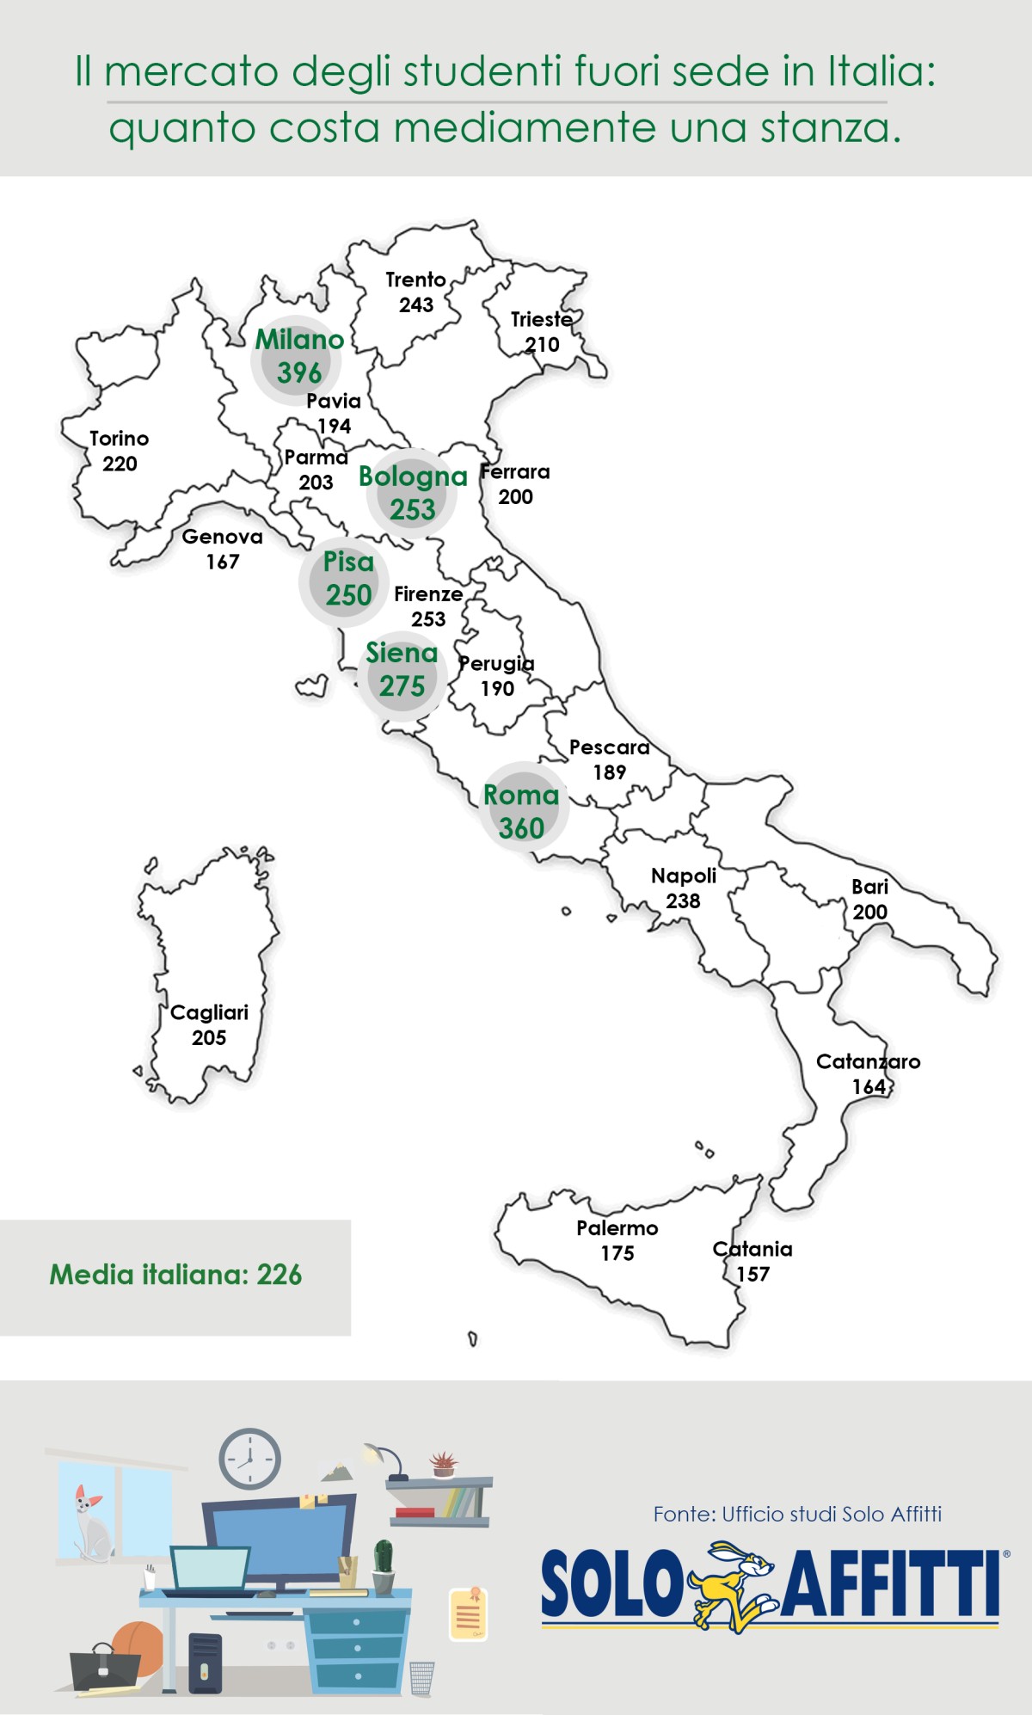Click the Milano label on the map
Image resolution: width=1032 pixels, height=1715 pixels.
tap(299, 340)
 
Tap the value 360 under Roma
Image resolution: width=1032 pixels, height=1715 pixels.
tap(521, 828)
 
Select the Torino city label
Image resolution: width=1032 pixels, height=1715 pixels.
tap(120, 439)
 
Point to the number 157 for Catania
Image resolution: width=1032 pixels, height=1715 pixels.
tap(752, 1274)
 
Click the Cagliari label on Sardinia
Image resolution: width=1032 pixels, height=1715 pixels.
tap(209, 1012)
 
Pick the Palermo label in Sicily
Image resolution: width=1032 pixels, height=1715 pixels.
tap(617, 1228)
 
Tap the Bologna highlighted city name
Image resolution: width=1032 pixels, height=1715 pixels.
tap(413, 476)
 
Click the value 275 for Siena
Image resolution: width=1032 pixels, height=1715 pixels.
tap(402, 686)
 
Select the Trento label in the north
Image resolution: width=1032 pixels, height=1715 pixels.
tap(415, 280)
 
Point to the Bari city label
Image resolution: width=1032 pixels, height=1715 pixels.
tap(869, 887)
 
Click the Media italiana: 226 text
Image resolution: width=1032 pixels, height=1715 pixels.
tap(175, 1275)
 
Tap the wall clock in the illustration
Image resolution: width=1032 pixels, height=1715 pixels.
tap(249, 1459)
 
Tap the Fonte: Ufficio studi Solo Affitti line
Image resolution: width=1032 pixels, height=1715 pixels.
tap(797, 1514)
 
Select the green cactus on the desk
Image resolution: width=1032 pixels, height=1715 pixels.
tap(384, 1557)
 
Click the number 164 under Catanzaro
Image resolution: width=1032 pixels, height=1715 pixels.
tap(869, 1086)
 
